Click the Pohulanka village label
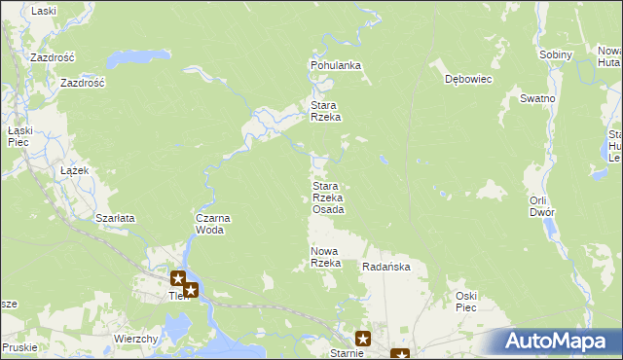click(336, 65)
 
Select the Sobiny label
click(556, 54)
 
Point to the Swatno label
click(537, 99)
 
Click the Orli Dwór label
click(542, 206)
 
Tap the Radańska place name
click(386, 267)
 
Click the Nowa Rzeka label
click(325, 258)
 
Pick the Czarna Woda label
click(213, 225)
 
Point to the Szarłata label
click(115, 218)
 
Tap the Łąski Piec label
click(20, 136)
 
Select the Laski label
click(44, 11)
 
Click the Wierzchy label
click(136, 338)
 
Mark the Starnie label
click(346, 353)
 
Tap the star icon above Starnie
click(363, 339)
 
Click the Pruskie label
click(19, 346)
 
